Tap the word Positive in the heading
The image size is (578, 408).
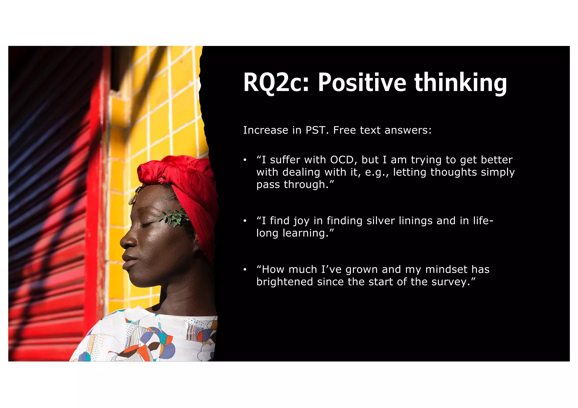pos(362,82)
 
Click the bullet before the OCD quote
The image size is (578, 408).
pos(245,160)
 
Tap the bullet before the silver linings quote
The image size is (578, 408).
pos(245,221)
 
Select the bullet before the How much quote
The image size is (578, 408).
pos(245,270)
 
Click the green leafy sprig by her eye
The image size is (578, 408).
pos(174,217)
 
